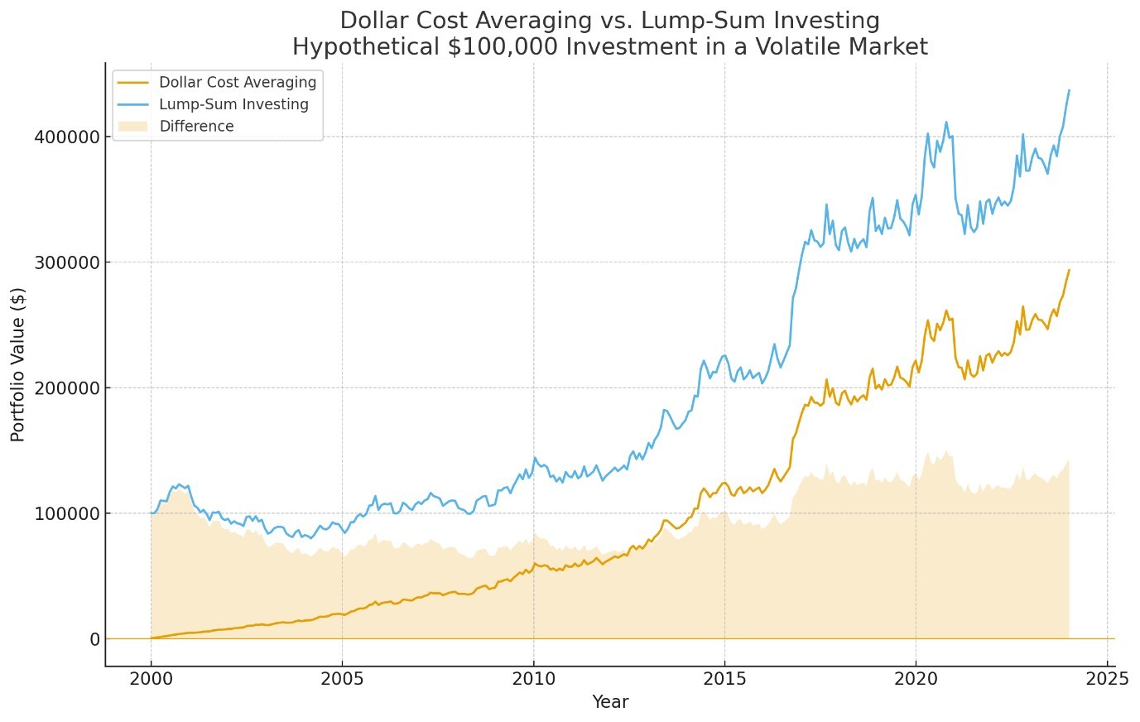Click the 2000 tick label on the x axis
(151, 679)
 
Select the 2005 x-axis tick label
(342, 679)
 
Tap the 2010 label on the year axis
(533, 679)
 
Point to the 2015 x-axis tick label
(724, 679)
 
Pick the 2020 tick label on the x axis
(916, 679)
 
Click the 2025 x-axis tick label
(1107, 679)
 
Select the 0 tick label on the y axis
(95, 639)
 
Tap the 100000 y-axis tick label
(67, 513)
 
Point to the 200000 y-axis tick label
(67, 387)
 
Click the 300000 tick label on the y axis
(67, 262)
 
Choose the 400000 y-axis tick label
(67, 137)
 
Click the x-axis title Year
(610, 702)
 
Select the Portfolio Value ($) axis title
(18, 364)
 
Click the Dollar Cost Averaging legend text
(238, 83)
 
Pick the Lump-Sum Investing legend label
(233, 104)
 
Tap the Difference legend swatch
(132, 127)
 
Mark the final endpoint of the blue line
(1069, 89)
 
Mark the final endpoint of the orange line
(1069, 270)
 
